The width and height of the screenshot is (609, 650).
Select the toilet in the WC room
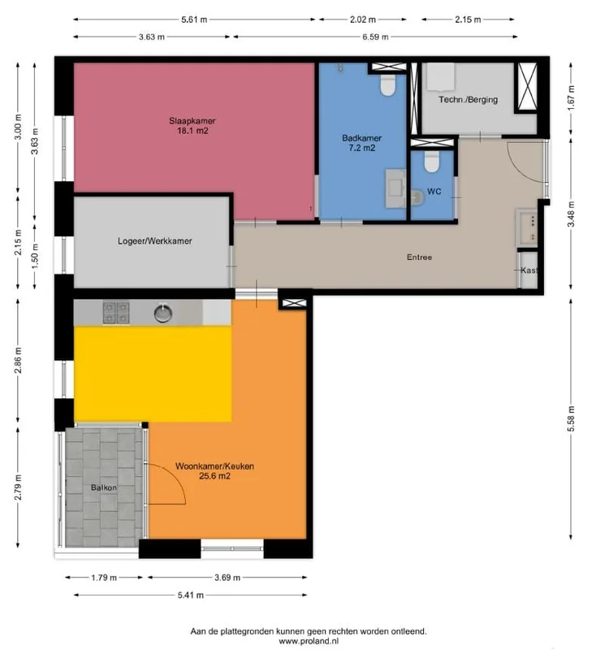pos(431,162)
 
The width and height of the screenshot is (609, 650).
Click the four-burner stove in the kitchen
pos(115,311)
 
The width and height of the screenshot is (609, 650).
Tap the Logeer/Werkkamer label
pos(154,240)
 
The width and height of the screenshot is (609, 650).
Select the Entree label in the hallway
pos(419,258)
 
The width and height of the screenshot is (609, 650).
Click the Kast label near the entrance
pos(529,271)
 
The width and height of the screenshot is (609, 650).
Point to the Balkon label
pos(104,487)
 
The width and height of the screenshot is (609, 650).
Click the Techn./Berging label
pos(468,100)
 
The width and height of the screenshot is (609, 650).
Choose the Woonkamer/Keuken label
pos(215,466)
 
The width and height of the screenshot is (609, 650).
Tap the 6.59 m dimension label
pos(374,37)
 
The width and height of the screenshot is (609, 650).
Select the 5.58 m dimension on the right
pos(572,420)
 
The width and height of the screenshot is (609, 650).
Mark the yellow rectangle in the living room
pos(153,374)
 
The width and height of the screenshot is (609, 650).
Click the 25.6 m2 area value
pos(215,477)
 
